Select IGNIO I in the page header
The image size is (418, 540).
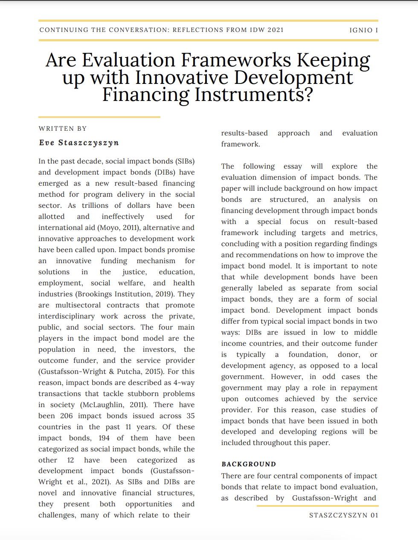(x=363, y=30)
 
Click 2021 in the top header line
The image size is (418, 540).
(x=275, y=30)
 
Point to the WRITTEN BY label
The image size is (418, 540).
(x=63, y=129)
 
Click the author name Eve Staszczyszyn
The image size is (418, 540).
(x=79, y=143)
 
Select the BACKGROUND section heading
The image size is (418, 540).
(x=249, y=464)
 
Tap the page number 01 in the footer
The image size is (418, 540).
(x=374, y=515)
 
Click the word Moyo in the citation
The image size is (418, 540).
(x=109, y=228)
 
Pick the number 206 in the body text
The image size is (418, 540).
(x=66, y=416)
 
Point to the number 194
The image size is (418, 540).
(x=104, y=438)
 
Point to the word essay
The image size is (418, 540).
(x=293, y=167)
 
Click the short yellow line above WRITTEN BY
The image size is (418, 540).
(x=99, y=117)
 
